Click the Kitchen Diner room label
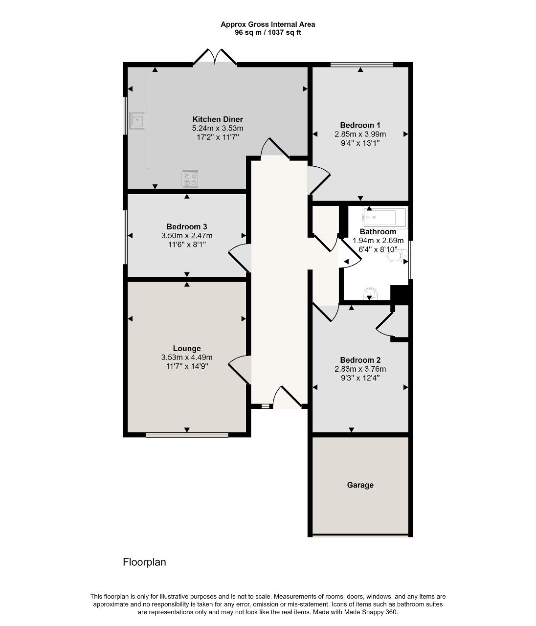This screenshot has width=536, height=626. pos(217,119)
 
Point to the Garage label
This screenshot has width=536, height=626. pos(360,485)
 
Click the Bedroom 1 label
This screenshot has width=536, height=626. pos(360,125)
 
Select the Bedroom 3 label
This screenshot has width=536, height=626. pos(187,226)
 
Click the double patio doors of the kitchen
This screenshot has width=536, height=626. pos(215,57)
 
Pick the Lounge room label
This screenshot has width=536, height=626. pos(187,349)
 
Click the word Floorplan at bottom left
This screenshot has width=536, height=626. pos(144,562)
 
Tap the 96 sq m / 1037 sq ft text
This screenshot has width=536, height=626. pos(268,32)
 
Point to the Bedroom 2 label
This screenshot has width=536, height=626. pos(360,360)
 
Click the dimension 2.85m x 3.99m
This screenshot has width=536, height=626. pos(360,134)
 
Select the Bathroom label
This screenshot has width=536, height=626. pos(378,232)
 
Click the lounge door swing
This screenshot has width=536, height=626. pos(240,370)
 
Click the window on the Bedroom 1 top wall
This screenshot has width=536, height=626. pos(361,64)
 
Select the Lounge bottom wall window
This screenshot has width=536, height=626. pos(186,434)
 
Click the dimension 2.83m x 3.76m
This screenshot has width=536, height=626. pos(360,369)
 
